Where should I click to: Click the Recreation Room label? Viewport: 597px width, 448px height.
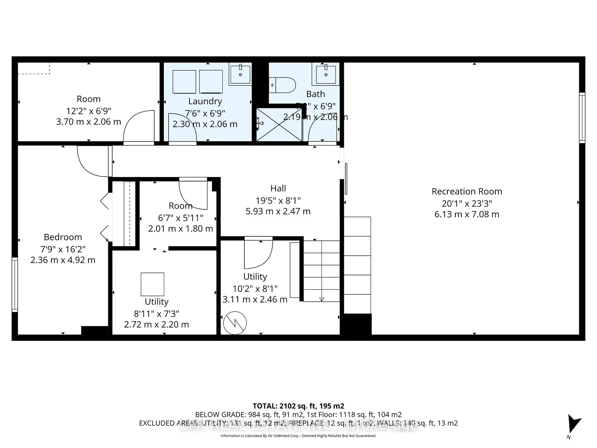click(x=467, y=191)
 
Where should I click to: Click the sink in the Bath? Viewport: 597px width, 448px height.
click(x=326, y=74)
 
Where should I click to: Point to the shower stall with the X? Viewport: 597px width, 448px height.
click(x=279, y=124)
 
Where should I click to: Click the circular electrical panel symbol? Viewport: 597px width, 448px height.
click(x=235, y=323)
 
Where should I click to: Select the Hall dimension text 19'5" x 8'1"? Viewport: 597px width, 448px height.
click(x=278, y=200)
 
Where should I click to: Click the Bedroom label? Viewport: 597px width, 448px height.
click(x=63, y=237)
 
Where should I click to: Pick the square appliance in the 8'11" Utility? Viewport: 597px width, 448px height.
click(x=152, y=284)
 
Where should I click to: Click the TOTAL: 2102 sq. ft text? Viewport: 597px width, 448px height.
click(x=298, y=406)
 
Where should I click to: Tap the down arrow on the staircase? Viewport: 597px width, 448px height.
click(x=322, y=299)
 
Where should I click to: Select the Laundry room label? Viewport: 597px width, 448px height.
click(x=205, y=101)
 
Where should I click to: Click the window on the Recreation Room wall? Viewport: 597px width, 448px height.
click(x=582, y=118)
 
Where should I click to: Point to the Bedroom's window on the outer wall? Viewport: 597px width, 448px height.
click(x=15, y=284)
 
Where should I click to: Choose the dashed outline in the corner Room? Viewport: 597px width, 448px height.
click(x=34, y=68)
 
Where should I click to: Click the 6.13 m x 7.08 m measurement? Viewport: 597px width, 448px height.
click(x=467, y=214)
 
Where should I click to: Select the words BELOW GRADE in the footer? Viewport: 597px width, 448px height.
click(x=220, y=415)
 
